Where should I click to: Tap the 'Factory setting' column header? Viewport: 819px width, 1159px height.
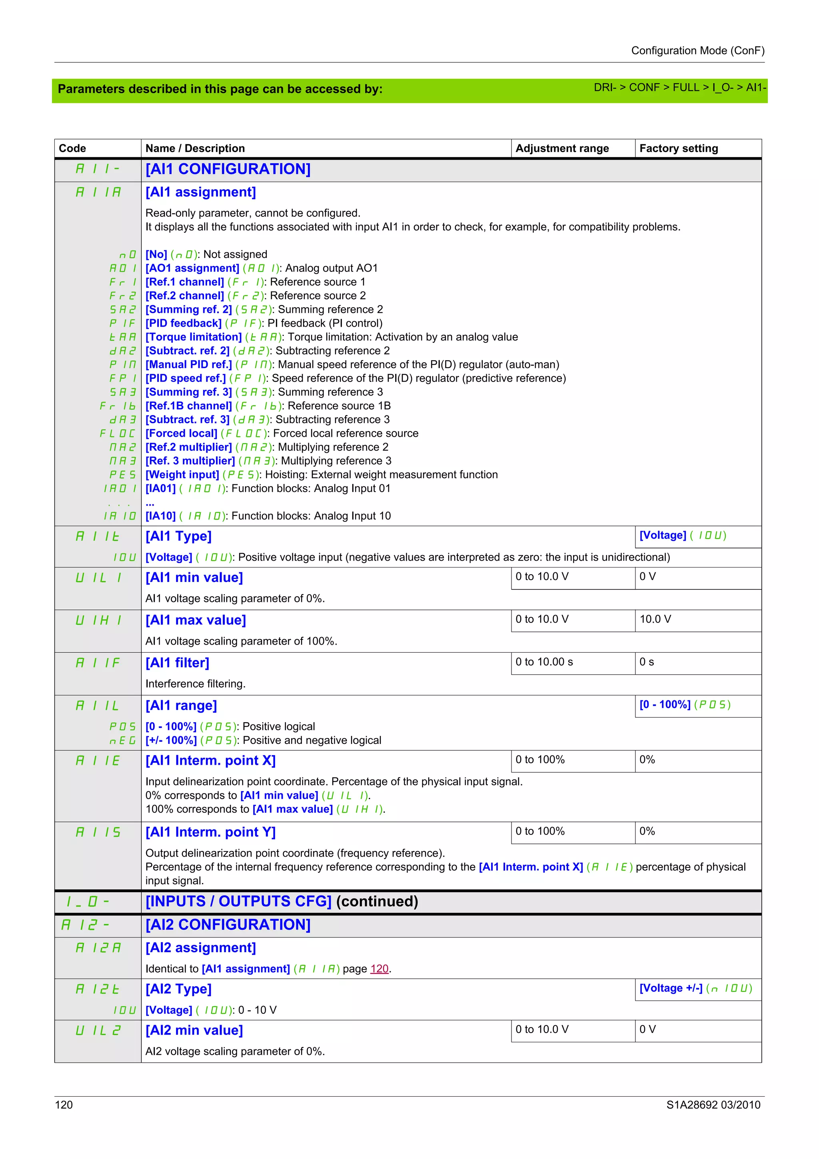tap(678, 148)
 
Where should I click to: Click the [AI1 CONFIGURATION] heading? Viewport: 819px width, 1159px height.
tap(228, 169)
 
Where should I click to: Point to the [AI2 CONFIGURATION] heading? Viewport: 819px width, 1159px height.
tap(228, 924)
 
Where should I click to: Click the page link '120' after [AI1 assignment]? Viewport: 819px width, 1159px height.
tap(379, 969)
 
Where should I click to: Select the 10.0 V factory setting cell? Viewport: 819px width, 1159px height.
tap(655, 619)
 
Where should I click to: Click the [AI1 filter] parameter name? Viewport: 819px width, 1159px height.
tap(177, 663)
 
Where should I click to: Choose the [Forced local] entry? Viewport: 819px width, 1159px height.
tap(181, 434)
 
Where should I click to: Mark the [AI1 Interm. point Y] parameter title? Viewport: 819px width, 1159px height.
tap(210, 832)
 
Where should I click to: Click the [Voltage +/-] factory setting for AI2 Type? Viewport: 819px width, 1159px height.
tap(671, 988)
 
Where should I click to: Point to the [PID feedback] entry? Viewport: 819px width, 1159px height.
tap(184, 324)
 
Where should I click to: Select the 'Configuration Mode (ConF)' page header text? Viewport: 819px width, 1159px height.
tap(697, 51)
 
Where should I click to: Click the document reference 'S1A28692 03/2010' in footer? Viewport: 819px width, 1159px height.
tap(713, 1105)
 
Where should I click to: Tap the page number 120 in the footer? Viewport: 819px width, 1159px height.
tap(64, 1105)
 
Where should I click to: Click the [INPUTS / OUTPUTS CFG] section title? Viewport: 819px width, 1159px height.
tap(238, 901)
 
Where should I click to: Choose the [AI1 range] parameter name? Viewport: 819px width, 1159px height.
tap(181, 706)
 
